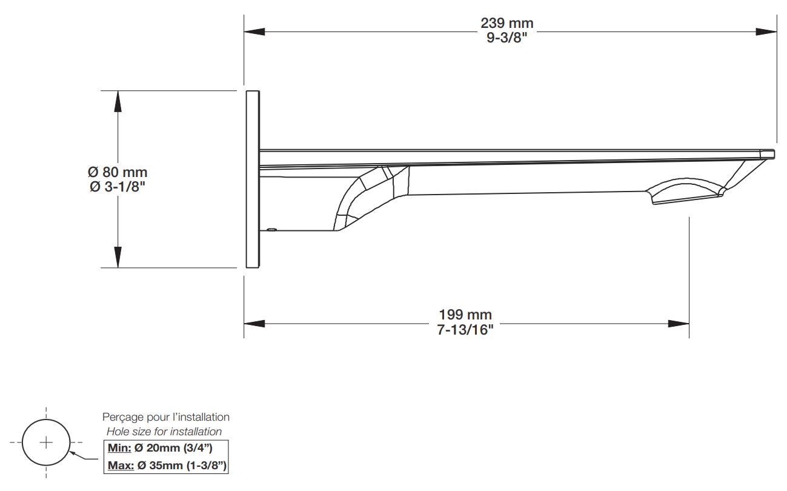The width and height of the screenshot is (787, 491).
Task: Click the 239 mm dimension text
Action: tap(506, 23)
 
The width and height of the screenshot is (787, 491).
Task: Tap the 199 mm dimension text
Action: tap(465, 315)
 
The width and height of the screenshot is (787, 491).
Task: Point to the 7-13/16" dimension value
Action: tap(465, 330)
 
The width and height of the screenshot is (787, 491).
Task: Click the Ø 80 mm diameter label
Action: tap(118, 173)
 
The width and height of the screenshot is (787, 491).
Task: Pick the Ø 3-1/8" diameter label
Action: tap(118, 187)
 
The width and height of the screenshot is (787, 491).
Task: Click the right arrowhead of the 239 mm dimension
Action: tap(766, 31)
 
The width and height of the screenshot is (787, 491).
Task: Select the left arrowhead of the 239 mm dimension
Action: tap(254, 31)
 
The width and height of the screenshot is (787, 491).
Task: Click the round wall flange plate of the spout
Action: tap(253, 179)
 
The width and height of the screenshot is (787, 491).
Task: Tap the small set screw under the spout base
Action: tap(271, 230)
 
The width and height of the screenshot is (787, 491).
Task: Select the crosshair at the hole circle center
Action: tap(46, 442)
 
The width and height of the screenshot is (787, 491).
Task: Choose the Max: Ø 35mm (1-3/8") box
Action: tap(167, 466)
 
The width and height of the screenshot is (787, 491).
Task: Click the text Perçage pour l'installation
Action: tap(166, 417)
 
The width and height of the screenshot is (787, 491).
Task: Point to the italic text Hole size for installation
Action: tap(164, 432)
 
